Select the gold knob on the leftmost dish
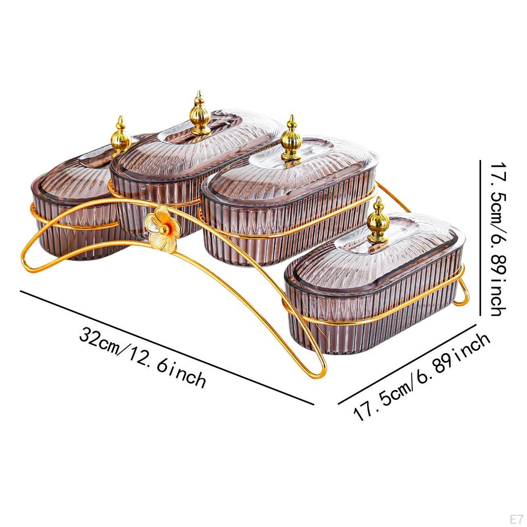coord(120,135)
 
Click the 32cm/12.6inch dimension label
coord(143,357)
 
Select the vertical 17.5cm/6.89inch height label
coord(498,239)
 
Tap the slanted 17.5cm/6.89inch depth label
coord(421,377)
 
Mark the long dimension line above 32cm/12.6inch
coord(167,347)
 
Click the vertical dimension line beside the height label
coord(480,238)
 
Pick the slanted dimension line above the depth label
coord(407,364)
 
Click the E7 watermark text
coord(516,519)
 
